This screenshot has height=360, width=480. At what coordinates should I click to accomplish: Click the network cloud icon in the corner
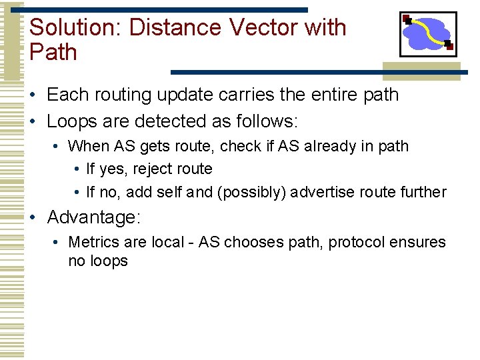[x=427, y=34]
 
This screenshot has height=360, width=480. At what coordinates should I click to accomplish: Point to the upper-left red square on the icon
[x=406, y=17]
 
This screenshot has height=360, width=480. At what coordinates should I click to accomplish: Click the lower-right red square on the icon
[x=449, y=46]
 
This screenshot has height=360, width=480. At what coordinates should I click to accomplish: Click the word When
[x=89, y=146]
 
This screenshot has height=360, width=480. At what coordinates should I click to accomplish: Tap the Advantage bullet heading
[x=93, y=217]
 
